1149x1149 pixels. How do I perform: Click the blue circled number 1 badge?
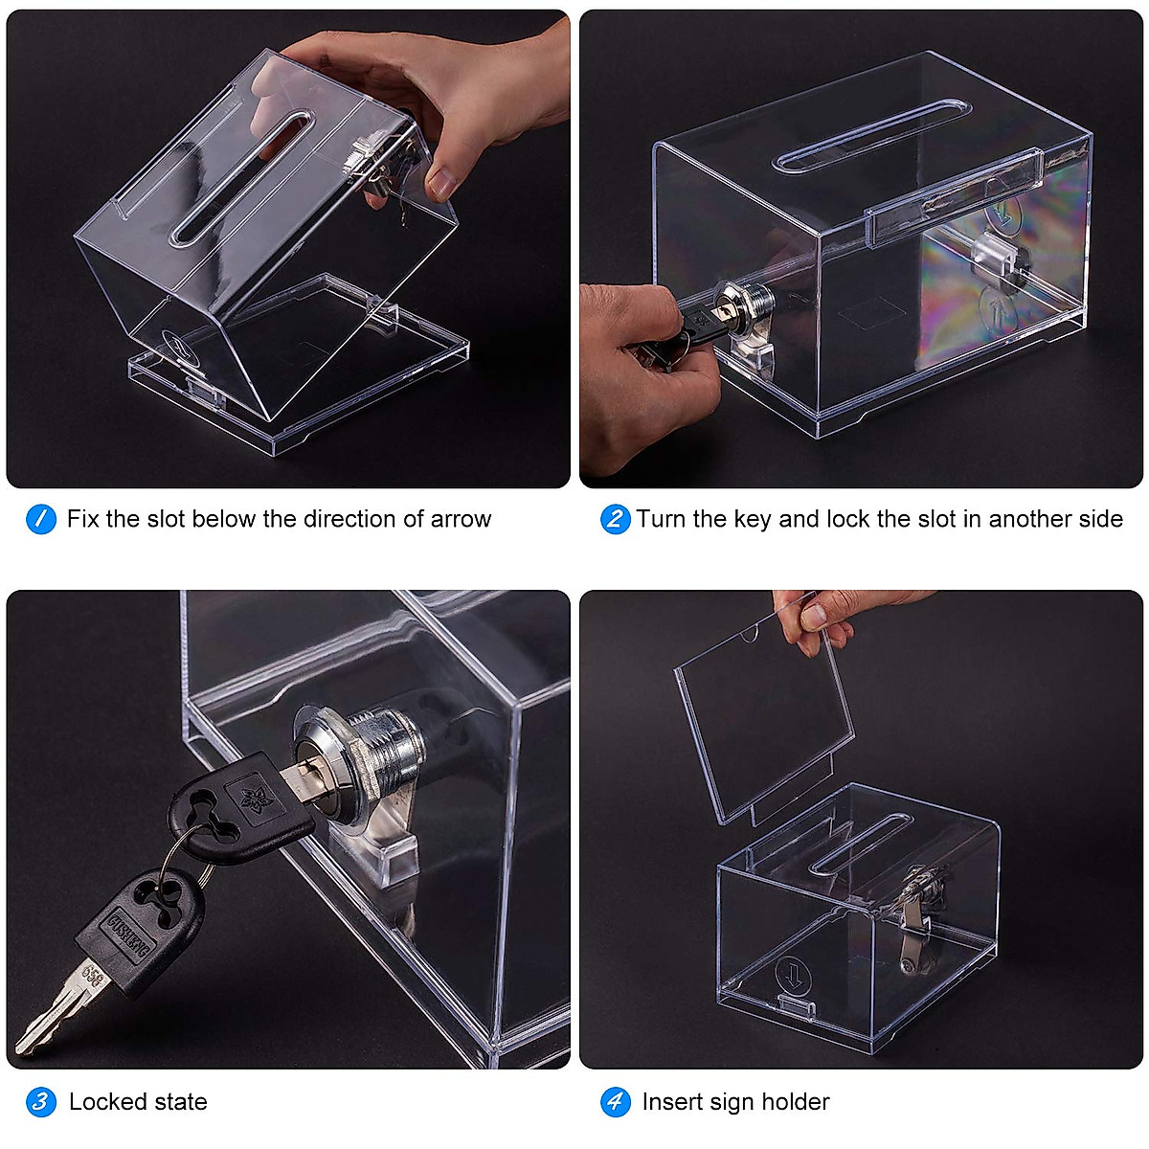click(x=40, y=519)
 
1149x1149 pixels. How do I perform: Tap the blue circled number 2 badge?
click(x=615, y=519)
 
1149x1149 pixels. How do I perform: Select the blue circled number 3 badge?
click(x=40, y=1102)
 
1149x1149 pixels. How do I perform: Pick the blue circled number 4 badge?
click(x=615, y=1102)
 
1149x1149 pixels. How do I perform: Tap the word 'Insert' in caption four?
click(x=674, y=1102)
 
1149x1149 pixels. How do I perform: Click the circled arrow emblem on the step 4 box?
click(x=793, y=975)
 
